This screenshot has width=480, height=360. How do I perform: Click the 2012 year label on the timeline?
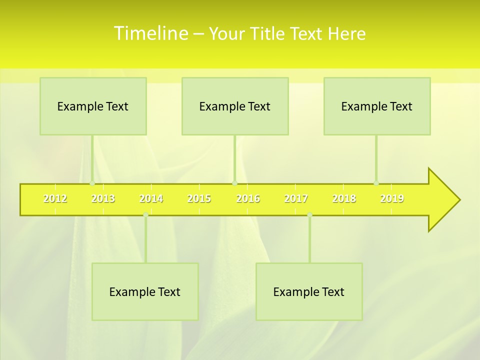55,198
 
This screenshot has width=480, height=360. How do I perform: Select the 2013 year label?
103,198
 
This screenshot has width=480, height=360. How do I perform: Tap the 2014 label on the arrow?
151,198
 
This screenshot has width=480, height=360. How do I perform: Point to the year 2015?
199,198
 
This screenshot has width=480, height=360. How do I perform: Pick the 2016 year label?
248,198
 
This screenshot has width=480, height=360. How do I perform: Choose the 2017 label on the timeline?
296,198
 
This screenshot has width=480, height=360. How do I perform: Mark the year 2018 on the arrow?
344,198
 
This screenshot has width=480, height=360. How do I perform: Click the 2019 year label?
392,198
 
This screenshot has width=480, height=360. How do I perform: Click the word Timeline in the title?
150,33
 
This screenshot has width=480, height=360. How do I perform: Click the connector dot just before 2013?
92,183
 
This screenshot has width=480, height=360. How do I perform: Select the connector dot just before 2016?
234,183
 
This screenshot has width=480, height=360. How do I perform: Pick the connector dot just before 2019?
376,183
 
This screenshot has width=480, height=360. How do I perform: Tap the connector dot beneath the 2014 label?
145,214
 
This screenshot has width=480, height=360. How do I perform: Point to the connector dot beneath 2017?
309,214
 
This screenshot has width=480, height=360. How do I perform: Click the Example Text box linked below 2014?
145,291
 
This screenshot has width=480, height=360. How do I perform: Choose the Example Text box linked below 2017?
309,291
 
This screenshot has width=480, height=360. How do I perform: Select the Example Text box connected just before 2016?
235,106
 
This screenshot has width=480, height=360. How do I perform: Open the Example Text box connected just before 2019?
377,106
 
